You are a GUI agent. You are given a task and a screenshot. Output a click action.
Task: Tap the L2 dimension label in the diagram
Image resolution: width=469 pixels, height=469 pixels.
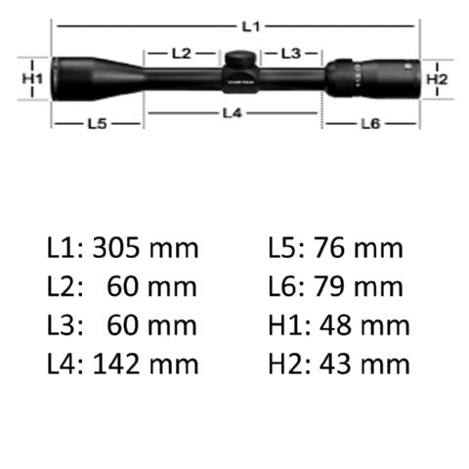point(180,53)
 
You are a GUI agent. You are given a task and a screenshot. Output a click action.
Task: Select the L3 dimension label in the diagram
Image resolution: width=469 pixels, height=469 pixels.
point(289,53)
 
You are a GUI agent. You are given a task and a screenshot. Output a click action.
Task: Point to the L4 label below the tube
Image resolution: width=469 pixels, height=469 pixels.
point(232,112)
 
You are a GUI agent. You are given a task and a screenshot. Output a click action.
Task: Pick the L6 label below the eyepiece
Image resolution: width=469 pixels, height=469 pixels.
point(370,123)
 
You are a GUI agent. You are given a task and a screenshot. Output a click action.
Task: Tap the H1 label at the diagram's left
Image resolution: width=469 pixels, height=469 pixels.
point(33,76)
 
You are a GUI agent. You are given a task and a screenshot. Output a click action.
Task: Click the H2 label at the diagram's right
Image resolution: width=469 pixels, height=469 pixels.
point(436,77)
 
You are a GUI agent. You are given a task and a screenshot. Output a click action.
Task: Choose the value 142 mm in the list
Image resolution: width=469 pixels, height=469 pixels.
point(145,364)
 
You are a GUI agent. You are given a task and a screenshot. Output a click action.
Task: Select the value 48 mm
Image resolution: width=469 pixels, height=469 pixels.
point(358,325)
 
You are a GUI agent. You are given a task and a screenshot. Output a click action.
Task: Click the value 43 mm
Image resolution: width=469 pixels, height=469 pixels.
point(358,364)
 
